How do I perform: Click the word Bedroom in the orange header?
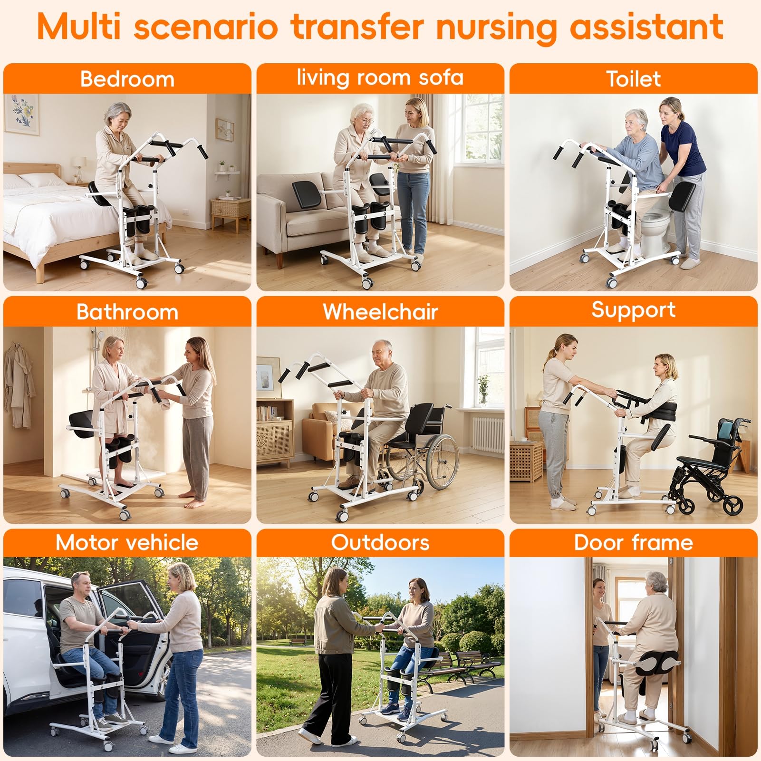pos(127,79)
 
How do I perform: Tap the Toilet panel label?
pos(633,79)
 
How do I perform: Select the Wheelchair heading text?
pos(380,312)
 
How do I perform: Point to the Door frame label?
pos(633,542)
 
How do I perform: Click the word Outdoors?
pos(380,542)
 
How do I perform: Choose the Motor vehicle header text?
pos(127,542)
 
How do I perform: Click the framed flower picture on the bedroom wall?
pos(22,114)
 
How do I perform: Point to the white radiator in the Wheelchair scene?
pos(488,434)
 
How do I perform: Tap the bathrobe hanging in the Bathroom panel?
pos(19,385)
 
